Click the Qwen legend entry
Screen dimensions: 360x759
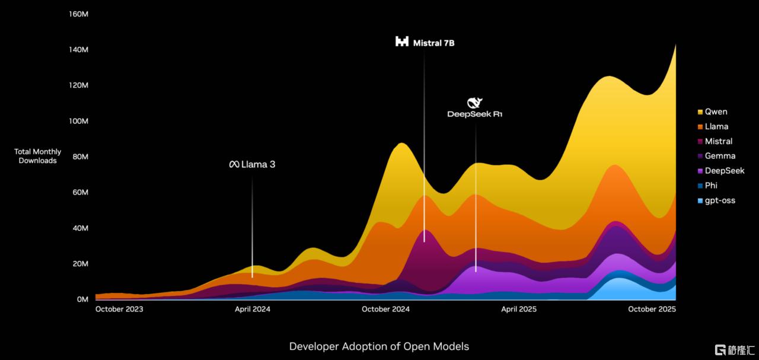click(x=716, y=111)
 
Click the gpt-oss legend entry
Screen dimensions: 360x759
click(x=719, y=200)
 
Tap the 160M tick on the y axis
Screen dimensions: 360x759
click(x=78, y=14)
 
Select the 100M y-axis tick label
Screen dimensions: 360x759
click(x=78, y=121)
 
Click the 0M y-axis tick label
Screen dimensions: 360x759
click(x=82, y=300)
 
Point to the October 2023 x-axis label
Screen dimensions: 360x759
click(x=119, y=309)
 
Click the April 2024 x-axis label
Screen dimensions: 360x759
click(x=253, y=309)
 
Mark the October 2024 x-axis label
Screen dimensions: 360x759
click(x=385, y=309)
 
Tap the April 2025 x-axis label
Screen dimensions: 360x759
click(x=519, y=309)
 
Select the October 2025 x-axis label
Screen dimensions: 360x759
click(x=652, y=309)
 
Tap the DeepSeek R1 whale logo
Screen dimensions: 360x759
click(x=475, y=103)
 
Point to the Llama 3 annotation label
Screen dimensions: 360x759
click(x=253, y=164)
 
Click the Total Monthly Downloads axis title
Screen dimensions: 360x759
click(x=38, y=156)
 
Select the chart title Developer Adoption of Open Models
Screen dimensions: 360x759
click(x=379, y=346)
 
